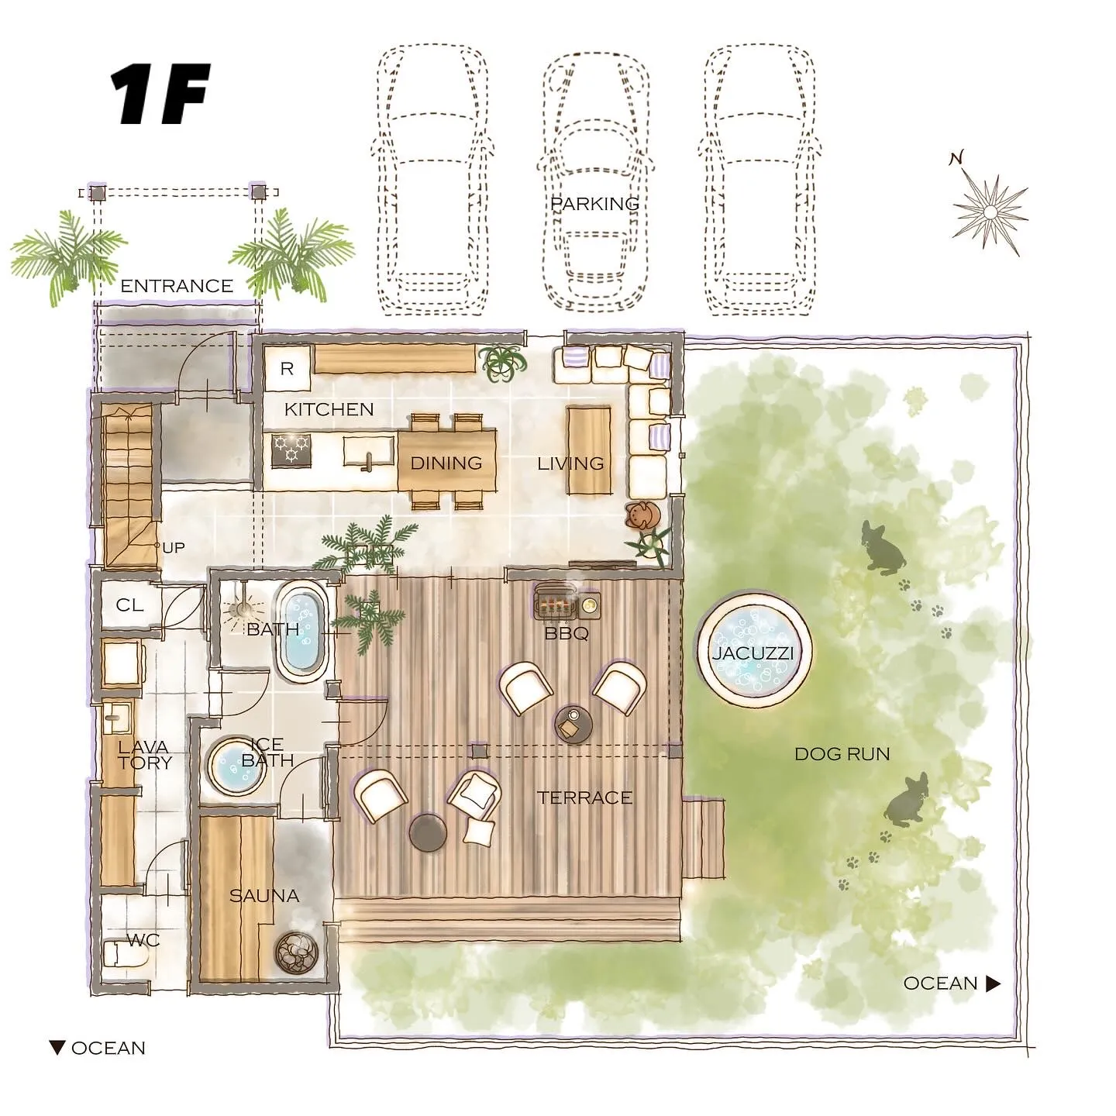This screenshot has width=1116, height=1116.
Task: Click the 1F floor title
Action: (x=160, y=95)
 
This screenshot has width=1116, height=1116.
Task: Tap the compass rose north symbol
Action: (x=990, y=212)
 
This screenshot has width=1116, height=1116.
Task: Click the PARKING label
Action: (x=594, y=204)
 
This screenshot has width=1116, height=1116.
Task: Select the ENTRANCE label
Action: (x=177, y=285)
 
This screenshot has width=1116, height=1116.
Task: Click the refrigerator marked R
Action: (x=288, y=368)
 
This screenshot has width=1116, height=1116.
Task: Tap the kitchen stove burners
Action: (x=291, y=450)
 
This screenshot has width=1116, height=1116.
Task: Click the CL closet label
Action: (x=129, y=605)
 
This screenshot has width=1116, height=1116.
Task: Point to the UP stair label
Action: (x=173, y=547)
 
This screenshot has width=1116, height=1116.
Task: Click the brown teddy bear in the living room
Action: (x=642, y=515)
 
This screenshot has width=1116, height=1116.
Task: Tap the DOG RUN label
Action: (x=842, y=753)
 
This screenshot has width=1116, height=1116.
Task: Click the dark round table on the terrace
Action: (x=429, y=832)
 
